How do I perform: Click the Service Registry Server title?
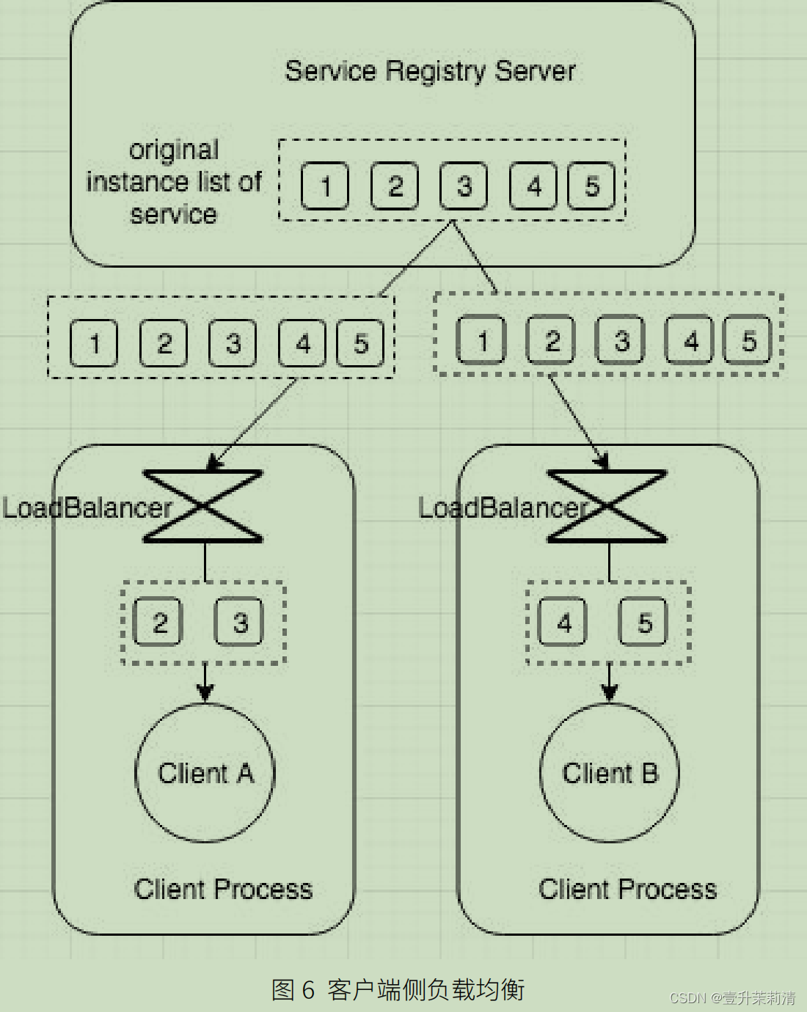click(x=430, y=71)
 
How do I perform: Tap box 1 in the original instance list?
click(x=324, y=186)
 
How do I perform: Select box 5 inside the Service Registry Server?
click(x=591, y=186)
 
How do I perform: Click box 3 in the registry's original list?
click(x=464, y=186)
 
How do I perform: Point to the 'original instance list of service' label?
click(x=174, y=182)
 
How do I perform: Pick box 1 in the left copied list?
click(x=93, y=343)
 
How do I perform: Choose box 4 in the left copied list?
click(x=302, y=343)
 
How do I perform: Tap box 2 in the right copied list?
click(x=552, y=340)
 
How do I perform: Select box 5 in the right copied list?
click(x=748, y=340)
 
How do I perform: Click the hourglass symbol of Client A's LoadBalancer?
click(x=203, y=506)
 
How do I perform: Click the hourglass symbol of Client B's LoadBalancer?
click(x=607, y=506)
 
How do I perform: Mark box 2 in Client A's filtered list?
click(x=158, y=623)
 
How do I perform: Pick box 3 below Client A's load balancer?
click(x=239, y=623)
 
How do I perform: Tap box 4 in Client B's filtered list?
click(x=563, y=623)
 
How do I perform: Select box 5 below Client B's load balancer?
click(x=643, y=623)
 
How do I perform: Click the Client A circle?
click(x=205, y=773)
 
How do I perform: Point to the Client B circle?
click(x=610, y=773)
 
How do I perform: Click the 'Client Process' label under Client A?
click(x=223, y=889)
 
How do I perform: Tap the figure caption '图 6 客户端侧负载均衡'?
click(x=398, y=989)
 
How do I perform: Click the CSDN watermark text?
click(x=732, y=998)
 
